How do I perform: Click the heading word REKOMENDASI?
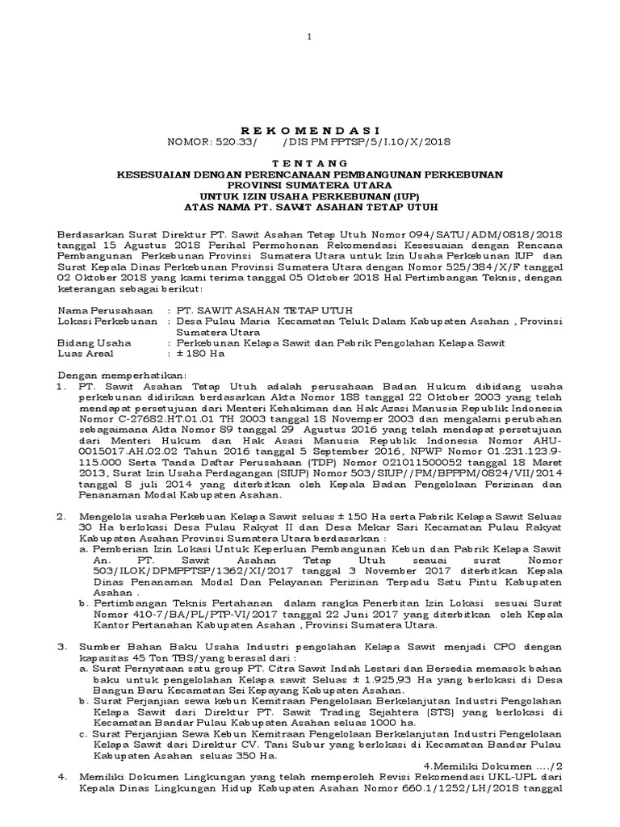click(x=310, y=130)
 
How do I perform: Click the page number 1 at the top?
click(x=310, y=37)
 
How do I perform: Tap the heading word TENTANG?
click(x=310, y=164)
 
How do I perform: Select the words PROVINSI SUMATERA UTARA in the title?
click(x=310, y=185)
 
